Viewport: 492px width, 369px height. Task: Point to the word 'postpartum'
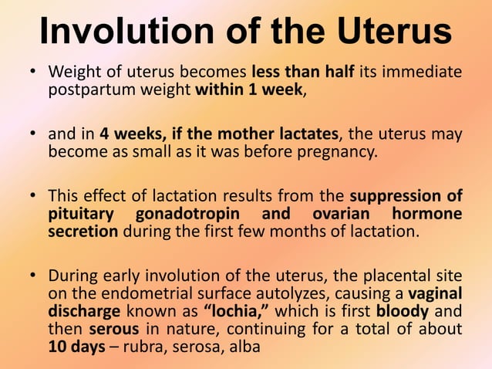[x=86, y=90]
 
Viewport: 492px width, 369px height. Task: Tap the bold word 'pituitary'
[x=82, y=213]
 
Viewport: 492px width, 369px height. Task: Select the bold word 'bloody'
[x=400, y=311]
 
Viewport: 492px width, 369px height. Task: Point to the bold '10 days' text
[x=76, y=347]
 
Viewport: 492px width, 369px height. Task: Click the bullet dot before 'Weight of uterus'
[x=33, y=73]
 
